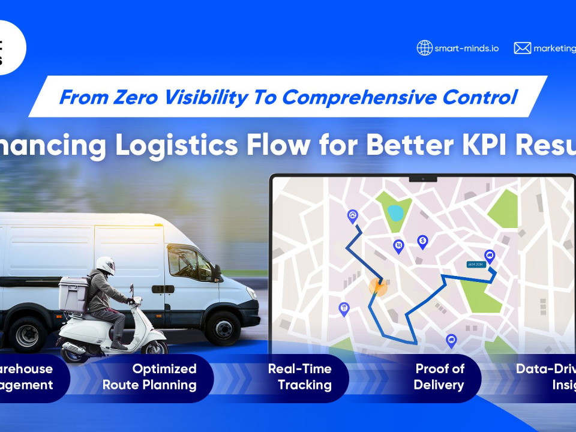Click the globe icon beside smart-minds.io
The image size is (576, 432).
click(x=425, y=48)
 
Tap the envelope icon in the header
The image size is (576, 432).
click(x=522, y=48)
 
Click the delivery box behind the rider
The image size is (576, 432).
click(x=73, y=294)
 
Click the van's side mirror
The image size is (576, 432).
click(x=216, y=273)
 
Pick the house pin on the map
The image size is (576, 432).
click(x=353, y=215)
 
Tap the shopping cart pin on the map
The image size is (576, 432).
click(x=398, y=245)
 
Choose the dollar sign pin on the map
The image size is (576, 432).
click(x=422, y=241)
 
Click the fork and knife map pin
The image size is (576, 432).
click(x=344, y=308)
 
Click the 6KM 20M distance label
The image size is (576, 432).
click(x=476, y=264)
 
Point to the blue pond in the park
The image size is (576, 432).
click(x=395, y=212)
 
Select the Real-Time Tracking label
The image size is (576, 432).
click(x=299, y=377)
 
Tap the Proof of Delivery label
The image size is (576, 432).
click(x=439, y=377)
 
